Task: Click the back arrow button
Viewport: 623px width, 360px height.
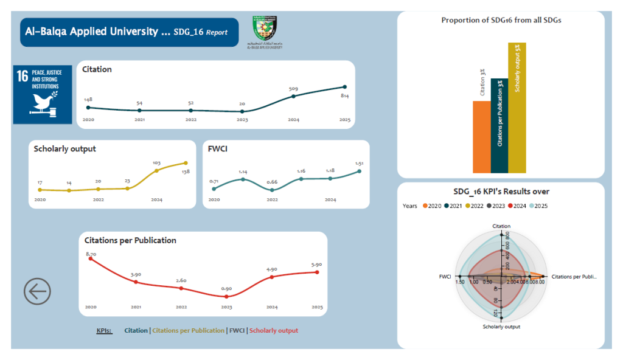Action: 37,292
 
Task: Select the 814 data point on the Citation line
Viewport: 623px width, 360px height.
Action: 345,87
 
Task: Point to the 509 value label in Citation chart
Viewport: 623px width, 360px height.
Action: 293,89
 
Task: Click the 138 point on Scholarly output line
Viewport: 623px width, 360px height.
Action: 186,163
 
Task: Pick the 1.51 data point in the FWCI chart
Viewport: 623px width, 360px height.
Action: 360,171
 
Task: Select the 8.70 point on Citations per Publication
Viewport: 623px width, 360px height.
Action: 91,258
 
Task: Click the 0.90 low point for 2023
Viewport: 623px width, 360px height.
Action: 226,296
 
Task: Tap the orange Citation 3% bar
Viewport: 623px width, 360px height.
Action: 481,137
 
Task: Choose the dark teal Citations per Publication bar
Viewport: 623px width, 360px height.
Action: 499,126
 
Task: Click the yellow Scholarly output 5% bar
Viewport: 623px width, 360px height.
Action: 517,108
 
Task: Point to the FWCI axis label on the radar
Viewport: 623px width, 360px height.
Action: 445,277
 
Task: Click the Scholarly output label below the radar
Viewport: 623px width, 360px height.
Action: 501,327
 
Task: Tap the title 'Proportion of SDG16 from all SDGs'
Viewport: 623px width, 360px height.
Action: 501,20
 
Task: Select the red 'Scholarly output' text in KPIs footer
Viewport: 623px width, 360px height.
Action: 274,331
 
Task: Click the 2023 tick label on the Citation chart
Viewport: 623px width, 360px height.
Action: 242,120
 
